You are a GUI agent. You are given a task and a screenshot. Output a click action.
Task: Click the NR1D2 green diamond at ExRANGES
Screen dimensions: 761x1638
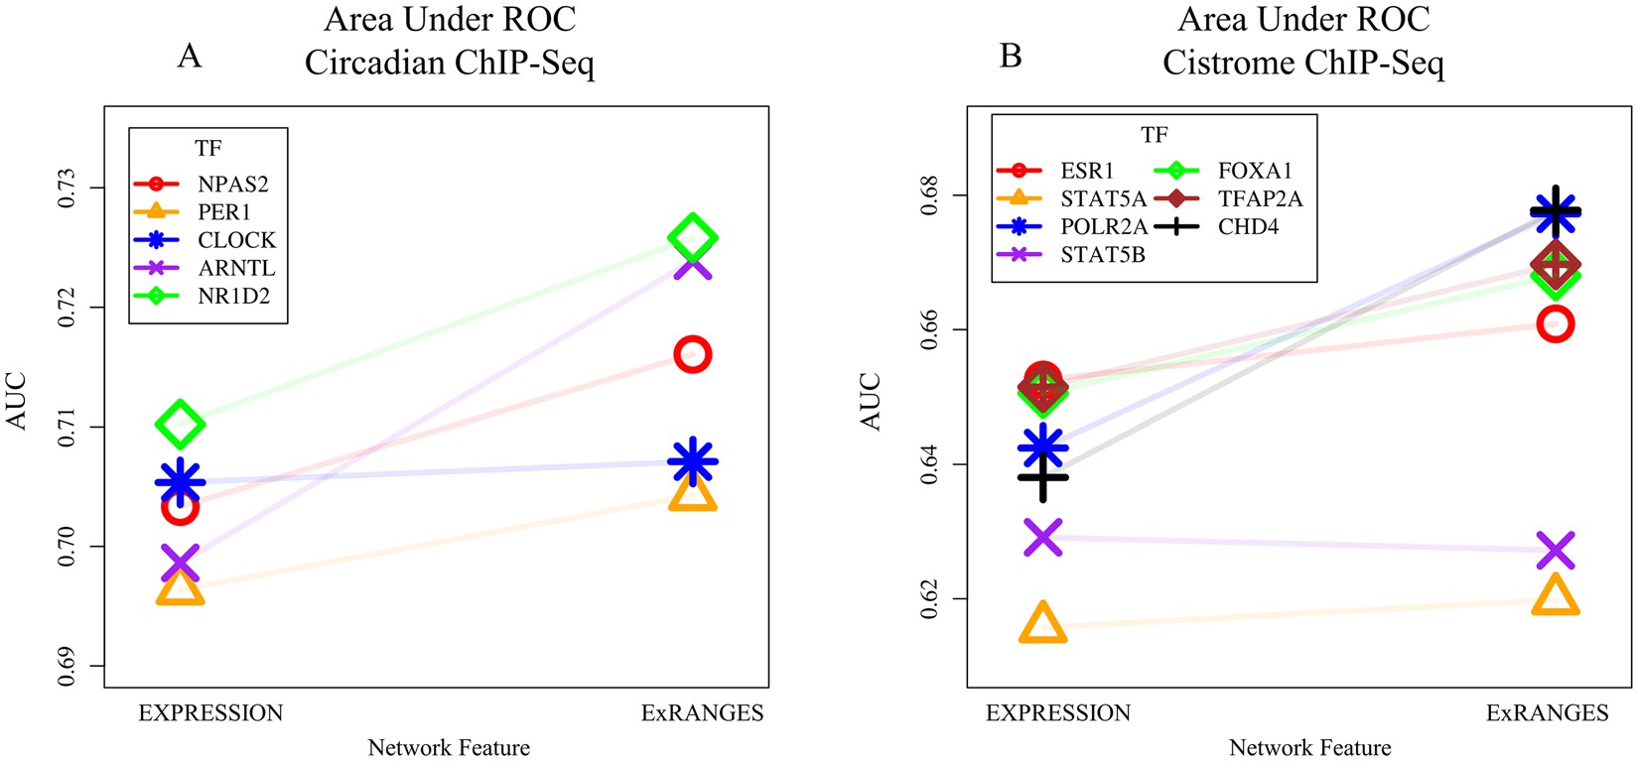click(692, 238)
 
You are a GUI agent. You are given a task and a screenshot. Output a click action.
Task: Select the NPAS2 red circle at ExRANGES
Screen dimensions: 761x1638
click(692, 354)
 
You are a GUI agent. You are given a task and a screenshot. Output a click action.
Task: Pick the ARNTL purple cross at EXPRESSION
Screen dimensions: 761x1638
click(180, 563)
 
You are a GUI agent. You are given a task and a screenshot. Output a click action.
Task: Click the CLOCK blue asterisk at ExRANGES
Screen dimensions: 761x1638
click(692, 462)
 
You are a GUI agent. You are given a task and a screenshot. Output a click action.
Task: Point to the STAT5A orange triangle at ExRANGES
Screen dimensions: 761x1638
click(1555, 596)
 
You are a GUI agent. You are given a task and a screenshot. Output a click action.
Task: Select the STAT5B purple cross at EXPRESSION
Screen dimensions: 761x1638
click(1043, 537)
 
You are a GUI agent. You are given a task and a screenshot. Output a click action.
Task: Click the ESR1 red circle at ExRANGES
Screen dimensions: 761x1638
click(1555, 323)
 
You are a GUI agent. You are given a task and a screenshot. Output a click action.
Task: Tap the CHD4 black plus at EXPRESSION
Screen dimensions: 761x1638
click(1043, 477)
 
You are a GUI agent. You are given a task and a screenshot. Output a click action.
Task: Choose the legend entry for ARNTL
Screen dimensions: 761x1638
click(236, 268)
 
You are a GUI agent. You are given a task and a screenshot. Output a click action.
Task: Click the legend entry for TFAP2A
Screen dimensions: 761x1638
click(1260, 198)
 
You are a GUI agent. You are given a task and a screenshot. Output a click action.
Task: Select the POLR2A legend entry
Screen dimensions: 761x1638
click(1103, 226)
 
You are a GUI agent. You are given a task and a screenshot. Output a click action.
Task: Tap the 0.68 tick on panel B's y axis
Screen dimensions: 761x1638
click(930, 194)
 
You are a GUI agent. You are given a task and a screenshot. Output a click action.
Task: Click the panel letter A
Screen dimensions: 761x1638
click(189, 56)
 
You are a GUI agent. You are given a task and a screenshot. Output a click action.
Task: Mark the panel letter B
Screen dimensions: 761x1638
click(1011, 56)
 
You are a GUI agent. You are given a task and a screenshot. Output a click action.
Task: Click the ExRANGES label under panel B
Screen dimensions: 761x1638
click(1547, 712)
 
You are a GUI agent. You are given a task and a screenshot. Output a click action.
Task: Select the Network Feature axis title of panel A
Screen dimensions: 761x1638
click(449, 747)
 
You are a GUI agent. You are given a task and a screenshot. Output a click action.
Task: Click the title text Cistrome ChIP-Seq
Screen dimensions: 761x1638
click(1303, 63)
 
